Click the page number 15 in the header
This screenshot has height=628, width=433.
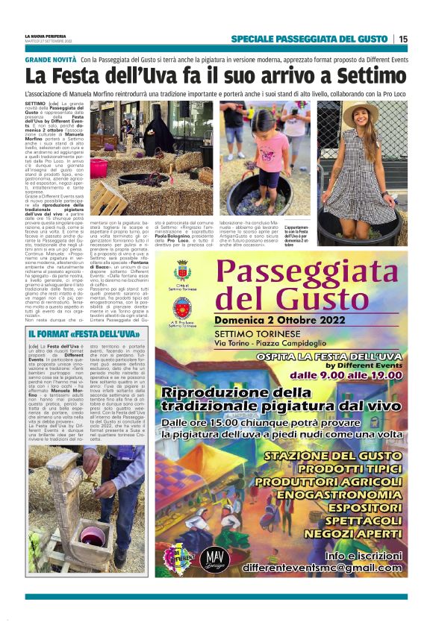point(404,39)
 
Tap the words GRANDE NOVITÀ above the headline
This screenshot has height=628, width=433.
point(50,59)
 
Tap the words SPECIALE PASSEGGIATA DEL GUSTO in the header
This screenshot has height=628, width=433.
point(309,39)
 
